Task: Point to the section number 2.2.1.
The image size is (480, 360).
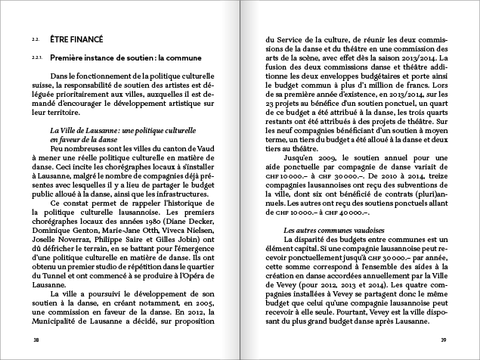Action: [x=36, y=57]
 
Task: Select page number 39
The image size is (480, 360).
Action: [x=444, y=340]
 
